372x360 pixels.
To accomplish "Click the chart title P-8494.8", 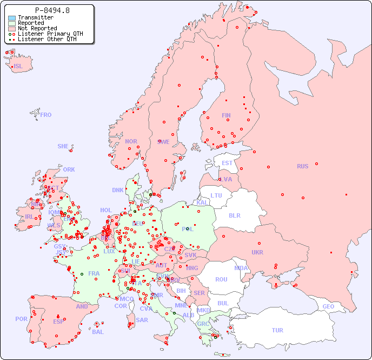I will point(52,10).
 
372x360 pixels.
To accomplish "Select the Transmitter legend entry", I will point(35,17).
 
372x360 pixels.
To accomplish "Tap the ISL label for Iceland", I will point(18,67).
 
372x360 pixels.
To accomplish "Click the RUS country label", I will point(302,166).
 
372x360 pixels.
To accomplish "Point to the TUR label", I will point(277,330).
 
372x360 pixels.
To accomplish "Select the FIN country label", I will point(226,115).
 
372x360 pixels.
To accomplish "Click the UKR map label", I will point(257,252).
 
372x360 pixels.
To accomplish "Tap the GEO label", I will point(328,306).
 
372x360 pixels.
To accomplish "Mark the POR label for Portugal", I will point(21,319).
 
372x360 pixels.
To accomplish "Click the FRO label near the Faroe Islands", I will point(46,115).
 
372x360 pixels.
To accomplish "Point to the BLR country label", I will point(234,215).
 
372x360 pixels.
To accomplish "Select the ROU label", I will point(221,279).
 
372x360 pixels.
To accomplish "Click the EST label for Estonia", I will point(227,163).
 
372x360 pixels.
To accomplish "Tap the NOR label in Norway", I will point(131,141).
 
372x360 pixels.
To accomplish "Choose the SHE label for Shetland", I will point(63,146).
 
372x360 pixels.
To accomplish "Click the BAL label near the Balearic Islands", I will point(98,332).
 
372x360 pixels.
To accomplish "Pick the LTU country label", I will point(216,195).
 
